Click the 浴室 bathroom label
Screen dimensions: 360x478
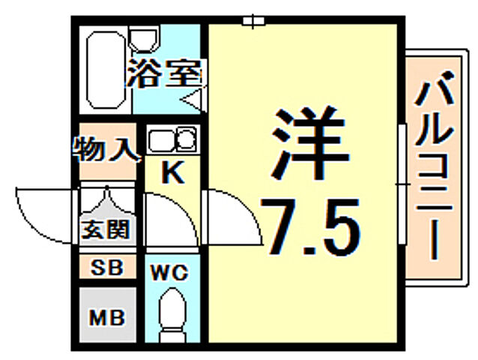(x=164, y=74)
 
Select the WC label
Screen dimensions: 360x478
(x=172, y=270)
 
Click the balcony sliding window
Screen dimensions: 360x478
(x=402, y=184)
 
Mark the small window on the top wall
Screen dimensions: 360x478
(x=255, y=21)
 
